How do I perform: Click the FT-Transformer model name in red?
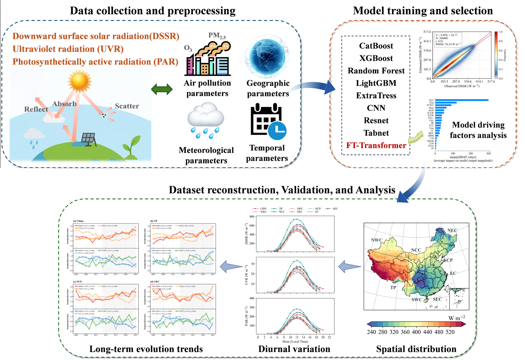click(x=376, y=145)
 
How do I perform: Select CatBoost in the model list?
click(x=376, y=46)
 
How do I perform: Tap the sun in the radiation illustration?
click(x=80, y=81)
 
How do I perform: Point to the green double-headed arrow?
click(x=162, y=89)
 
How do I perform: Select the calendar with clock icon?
click(x=268, y=122)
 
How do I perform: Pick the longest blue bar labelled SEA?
click(x=462, y=100)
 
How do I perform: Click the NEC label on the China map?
click(x=452, y=231)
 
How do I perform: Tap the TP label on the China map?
click(x=393, y=287)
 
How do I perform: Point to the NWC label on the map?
click(x=376, y=240)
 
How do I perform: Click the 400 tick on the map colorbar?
click(x=416, y=332)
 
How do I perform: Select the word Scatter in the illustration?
click(x=127, y=106)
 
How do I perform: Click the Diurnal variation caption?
click(x=294, y=349)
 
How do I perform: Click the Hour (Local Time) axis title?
click(x=295, y=341)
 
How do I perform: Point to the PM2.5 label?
click(x=217, y=35)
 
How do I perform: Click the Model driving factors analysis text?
click(x=478, y=130)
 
